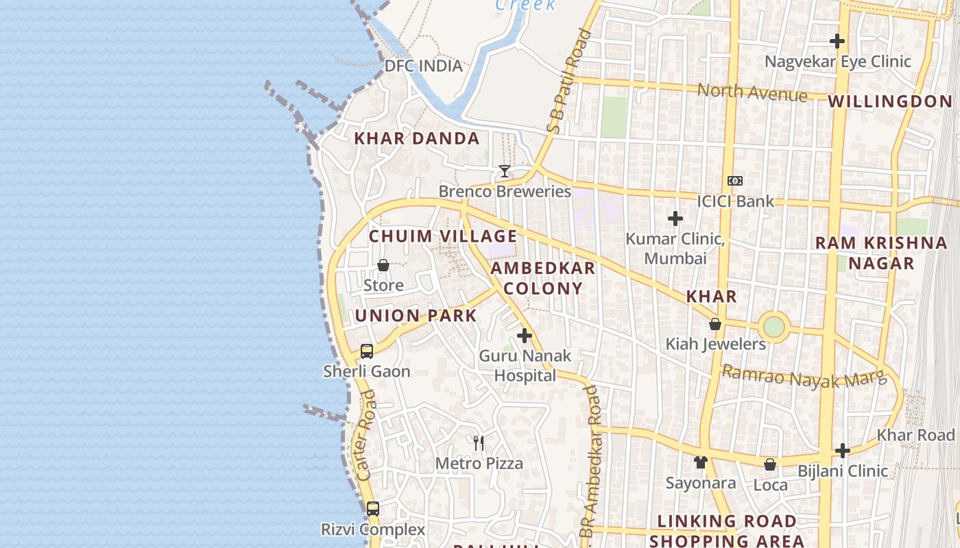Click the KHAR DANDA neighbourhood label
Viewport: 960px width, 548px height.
[417, 138]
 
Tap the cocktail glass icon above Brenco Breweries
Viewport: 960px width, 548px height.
[505, 171]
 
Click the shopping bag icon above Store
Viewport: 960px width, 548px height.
[383, 265]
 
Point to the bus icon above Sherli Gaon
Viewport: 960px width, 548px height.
[367, 351]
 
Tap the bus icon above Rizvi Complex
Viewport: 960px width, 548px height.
[372, 509]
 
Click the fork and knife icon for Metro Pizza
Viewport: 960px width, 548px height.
[479, 443]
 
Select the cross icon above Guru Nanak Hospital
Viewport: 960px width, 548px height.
[525, 336]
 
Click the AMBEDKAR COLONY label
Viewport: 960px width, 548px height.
[543, 278]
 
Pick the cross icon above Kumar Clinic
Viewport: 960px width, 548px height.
[675, 219]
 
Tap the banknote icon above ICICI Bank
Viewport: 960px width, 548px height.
[734, 181]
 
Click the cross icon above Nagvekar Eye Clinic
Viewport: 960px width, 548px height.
[837, 41]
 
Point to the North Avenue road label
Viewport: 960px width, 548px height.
[752, 92]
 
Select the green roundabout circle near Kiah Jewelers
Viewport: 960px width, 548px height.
[774, 327]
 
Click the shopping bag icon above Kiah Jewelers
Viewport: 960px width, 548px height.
[715, 324]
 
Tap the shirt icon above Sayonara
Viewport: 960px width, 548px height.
[700, 462]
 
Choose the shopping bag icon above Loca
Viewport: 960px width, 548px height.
[770, 464]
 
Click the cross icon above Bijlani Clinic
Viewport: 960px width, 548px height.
[843, 451]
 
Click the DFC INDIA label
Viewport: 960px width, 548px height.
[423, 66]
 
